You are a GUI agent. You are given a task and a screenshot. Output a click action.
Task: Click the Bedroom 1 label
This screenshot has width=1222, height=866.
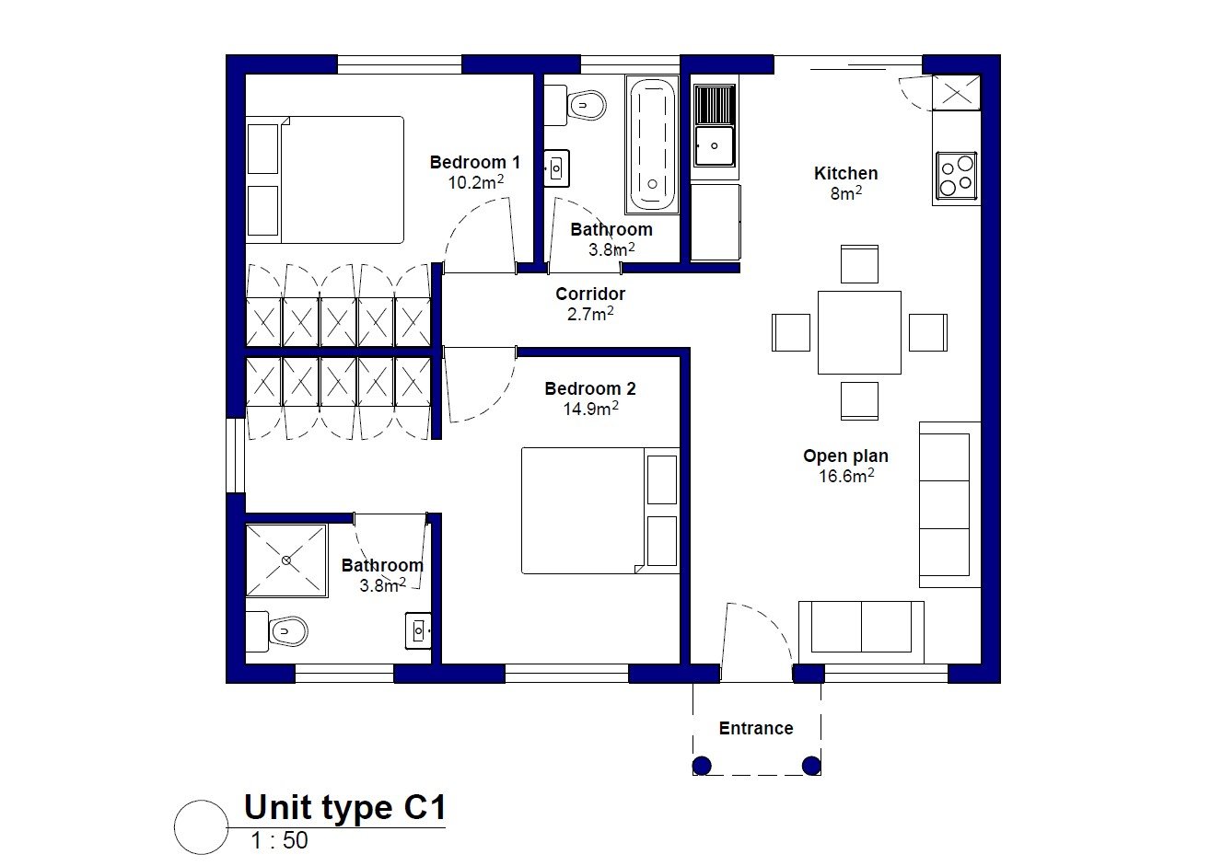[x=474, y=162]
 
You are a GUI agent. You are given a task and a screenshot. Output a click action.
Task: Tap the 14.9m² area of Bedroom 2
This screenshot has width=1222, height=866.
[x=590, y=409]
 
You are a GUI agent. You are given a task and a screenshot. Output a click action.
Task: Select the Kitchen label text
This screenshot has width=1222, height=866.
[x=845, y=173]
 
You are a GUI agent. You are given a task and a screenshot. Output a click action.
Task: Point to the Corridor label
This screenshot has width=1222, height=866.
[x=590, y=294]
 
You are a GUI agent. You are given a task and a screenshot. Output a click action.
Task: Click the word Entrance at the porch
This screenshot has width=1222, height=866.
[x=755, y=728]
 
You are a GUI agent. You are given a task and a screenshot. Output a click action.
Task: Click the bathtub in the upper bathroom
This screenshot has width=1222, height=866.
[x=652, y=144]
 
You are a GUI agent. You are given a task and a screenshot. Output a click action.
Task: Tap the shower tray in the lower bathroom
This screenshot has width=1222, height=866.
[x=286, y=560]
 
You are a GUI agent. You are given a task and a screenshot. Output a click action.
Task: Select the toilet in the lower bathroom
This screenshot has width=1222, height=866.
[x=277, y=631]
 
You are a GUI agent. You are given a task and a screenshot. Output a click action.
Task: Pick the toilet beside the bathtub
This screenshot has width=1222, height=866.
[x=576, y=105]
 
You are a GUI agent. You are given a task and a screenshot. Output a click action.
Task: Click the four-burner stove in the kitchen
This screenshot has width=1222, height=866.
[x=957, y=175]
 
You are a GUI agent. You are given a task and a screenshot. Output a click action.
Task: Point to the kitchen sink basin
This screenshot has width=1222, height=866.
[x=714, y=145]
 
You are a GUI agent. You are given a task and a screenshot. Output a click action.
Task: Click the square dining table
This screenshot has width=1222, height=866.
[x=859, y=332]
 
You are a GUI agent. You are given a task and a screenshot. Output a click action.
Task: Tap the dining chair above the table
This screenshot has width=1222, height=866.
[x=859, y=264]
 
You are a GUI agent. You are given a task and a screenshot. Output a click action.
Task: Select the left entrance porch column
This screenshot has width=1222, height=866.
[x=702, y=765]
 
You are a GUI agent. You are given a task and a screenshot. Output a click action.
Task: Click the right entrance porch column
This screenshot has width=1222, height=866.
[x=811, y=765]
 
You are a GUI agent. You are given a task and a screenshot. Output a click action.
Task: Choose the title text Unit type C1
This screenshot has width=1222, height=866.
[x=344, y=808]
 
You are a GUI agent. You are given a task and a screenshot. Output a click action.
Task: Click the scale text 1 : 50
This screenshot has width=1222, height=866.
[x=279, y=840]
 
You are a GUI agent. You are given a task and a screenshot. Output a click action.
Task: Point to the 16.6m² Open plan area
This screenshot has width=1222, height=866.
[x=846, y=476]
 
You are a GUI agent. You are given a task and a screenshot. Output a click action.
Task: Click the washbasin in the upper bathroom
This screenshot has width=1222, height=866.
[x=556, y=168]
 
